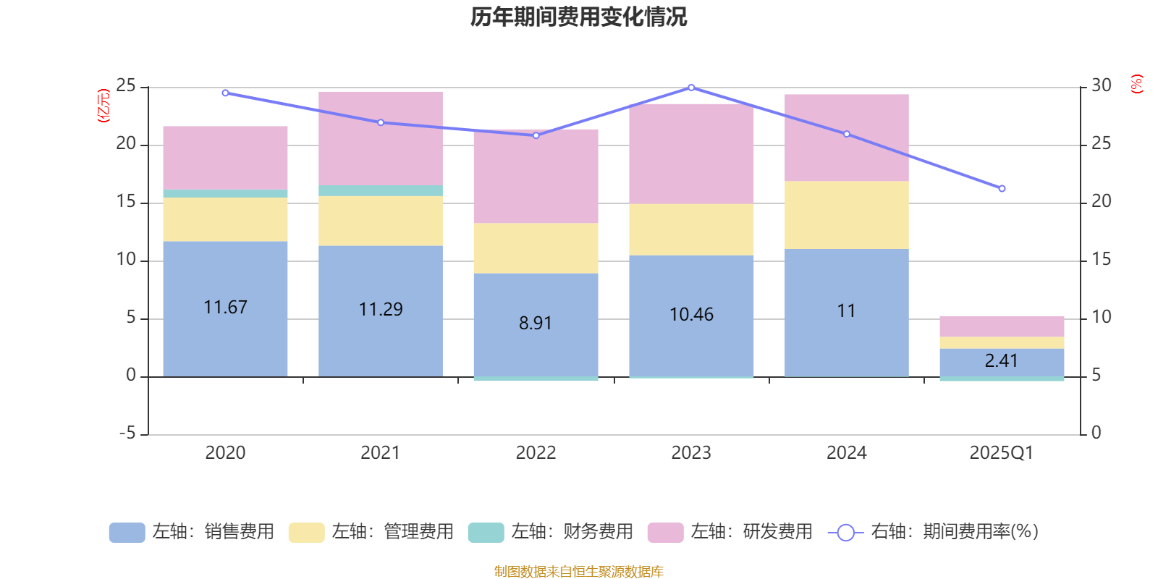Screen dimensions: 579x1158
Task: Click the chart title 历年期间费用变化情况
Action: (578, 17)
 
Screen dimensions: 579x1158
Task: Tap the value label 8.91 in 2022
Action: (536, 324)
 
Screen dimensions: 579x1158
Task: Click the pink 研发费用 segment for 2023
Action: (691, 153)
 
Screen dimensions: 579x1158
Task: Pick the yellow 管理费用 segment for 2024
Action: (846, 215)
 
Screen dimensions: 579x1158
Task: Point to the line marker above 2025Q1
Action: (1002, 189)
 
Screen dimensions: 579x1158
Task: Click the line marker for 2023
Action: (691, 88)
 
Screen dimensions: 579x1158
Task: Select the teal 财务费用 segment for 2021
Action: (381, 190)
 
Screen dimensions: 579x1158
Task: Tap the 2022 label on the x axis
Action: (536, 453)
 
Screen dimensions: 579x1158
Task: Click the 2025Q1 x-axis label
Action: (1001, 453)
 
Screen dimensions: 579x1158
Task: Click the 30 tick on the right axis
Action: (1102, 86)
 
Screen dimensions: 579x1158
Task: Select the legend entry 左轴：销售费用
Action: (193, 532)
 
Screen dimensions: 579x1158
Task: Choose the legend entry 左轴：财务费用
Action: (551, 532)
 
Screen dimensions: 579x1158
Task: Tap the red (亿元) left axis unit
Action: (103, 106)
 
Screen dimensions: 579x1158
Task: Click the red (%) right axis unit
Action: (1136, 84)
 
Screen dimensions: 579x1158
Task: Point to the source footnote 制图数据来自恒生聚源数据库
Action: (578, 572)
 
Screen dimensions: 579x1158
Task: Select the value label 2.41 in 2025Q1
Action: (1002, 360)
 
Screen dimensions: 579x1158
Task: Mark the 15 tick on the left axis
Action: (127, 202)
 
